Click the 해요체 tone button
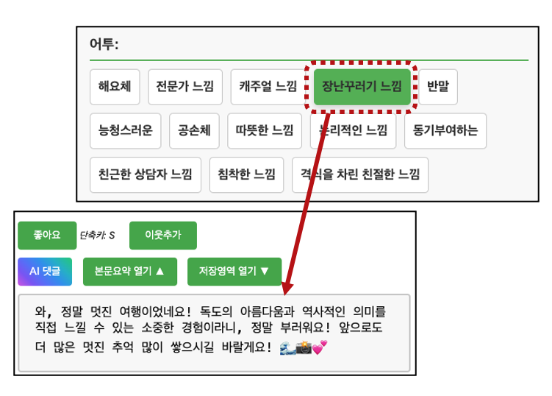[115, 87]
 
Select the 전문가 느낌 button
[184, 87]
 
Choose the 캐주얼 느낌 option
[268, 87]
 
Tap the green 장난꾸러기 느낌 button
[361, 87]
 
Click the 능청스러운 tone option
[125, 131]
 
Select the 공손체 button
[194, 131]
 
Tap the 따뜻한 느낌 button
[264, 131]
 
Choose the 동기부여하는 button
[445, 131]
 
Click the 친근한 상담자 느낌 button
[145, 174]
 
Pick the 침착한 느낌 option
[246, 174]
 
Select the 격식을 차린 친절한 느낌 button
[359, 174]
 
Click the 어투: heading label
[104, 44]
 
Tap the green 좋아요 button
[46, 235]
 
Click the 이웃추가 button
[162, 235]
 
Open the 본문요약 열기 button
[130, 271]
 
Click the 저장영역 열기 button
[234, 271]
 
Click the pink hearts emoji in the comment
[319, 347]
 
